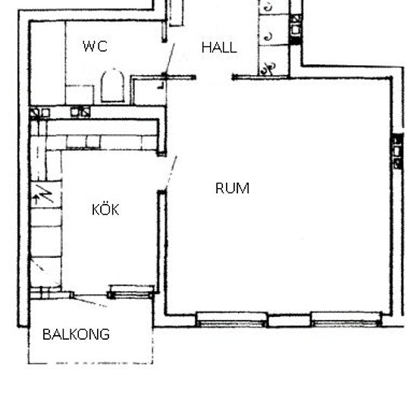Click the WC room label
point(95,46)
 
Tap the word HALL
point(219,48)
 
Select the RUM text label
point(232,188)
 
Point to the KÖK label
point(105,209)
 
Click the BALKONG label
point(76,334)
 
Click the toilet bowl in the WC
point(113,86)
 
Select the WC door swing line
point(169,60)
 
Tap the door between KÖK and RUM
point(171,173)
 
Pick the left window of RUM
point(231,320)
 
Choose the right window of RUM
point(346,320)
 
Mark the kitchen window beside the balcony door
point(131,292)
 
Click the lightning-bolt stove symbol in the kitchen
point(45,194)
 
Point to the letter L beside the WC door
point(161,86)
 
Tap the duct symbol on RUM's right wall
point(397,151)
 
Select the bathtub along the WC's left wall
point(48,63)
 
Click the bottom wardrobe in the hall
point(274,61)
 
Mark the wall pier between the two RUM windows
point(289,320)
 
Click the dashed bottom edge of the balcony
point(90,362)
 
